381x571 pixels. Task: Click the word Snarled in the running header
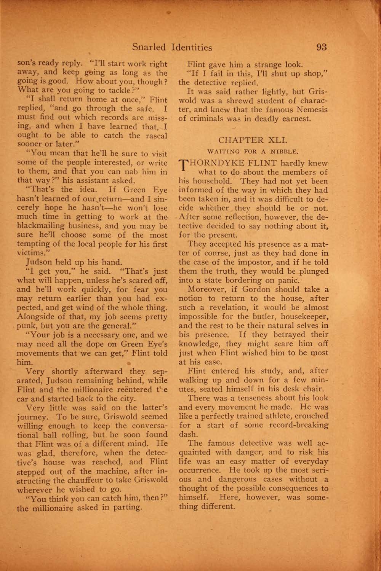pos(149,48)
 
